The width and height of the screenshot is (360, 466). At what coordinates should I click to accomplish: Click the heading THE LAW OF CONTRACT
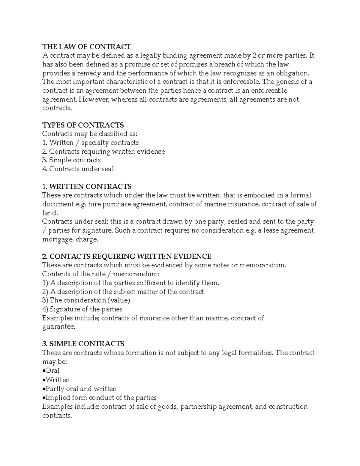tap(87, 47)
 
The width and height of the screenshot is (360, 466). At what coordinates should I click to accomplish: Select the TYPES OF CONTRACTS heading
tap(83, 125)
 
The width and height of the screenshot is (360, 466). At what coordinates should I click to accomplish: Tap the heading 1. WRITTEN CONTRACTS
tap(87, 186)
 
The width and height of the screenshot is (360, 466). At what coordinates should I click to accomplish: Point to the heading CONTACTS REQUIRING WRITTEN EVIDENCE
tap(130, 256)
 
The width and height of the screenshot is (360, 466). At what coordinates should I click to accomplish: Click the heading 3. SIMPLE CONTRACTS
tap(83, 344)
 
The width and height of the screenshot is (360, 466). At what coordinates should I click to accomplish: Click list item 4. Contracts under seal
tap(78, 169)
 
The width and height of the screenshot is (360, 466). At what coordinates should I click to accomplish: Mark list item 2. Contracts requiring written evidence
tap(103, 152)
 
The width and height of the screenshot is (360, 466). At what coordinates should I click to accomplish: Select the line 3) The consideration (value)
tap(86, 300)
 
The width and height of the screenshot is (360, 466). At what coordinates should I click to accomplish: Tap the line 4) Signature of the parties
tap(82, 309)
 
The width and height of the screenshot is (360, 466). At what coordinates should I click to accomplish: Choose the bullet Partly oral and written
tap(80, 389)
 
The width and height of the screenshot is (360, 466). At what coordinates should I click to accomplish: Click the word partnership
tap(198, 407)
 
